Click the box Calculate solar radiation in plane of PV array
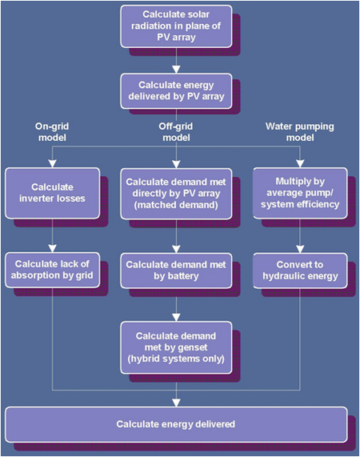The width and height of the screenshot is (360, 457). point(176,26)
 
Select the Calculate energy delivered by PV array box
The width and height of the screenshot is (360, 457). point(176,91)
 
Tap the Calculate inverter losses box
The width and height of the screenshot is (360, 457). point(53,193)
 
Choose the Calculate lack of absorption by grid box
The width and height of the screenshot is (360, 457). point(53,270)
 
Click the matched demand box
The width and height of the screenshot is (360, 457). point(176,194)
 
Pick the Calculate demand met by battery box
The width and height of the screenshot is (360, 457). point(176,271)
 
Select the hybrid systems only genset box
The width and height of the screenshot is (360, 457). point(176,347)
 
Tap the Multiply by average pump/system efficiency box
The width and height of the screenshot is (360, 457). point(300,193)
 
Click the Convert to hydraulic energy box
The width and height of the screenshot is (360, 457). point(300,271)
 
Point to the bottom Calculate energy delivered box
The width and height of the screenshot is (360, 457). point(176,424)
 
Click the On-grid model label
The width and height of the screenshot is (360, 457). point(52,132)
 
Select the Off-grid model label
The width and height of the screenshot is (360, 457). point(176,132)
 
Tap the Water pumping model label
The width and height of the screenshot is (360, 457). point(300,132)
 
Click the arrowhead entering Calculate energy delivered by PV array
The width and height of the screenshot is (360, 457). point(176,70)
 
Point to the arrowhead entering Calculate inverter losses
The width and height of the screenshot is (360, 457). point(53,164)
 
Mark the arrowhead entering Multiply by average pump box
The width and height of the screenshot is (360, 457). point(300,163)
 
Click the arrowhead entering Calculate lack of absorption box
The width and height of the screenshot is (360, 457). point(53,248)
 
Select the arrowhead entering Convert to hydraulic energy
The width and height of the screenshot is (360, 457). point(300,249)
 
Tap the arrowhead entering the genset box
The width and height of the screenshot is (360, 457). point(176,318)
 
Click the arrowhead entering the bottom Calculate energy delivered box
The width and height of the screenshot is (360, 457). point(176,403)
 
